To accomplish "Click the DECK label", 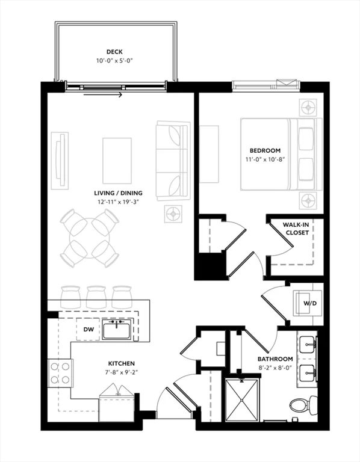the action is (114, 52).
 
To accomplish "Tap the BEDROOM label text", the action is (265, 150).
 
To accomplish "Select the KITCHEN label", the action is (122, 363).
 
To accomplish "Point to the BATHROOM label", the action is (275, 359).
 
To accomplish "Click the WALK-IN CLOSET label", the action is (296, 229).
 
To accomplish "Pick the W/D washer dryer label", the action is (310, 303).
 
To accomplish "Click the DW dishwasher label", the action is (88, 329).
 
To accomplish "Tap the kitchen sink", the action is (117, 329).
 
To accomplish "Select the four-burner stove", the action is (60, 373).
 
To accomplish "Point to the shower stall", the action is (242, 399).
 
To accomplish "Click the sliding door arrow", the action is (102, 95).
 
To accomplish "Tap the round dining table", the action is (89, 238).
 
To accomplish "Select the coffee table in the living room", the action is (117, 161).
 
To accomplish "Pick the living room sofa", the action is (173, 161).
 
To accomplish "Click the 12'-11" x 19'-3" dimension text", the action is (118, 202).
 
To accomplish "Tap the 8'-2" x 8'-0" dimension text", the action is (275, 368).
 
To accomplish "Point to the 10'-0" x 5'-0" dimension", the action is (115, 61).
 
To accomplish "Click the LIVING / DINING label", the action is (118, 193).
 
